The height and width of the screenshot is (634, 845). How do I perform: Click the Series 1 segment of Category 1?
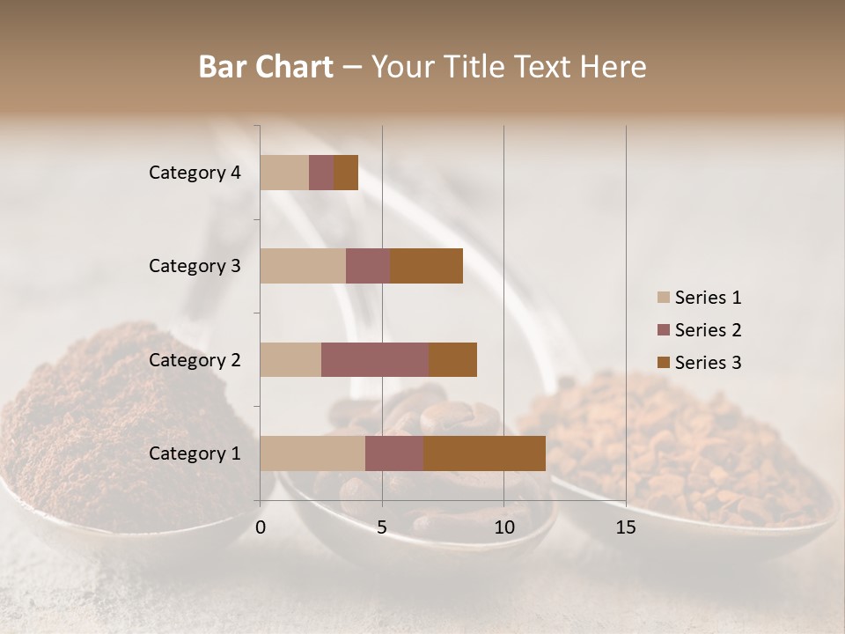(312, 453)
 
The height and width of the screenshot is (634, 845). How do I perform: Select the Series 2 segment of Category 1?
(394, 453)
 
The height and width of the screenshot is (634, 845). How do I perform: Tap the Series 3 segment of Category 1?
(484, 453)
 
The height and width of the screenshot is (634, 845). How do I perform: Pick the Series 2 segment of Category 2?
(375, 359)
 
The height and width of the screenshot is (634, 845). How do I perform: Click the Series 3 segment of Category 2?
(452, 359)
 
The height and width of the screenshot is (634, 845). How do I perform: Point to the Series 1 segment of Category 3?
(303, 266)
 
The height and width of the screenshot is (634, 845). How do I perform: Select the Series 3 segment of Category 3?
(426, 266)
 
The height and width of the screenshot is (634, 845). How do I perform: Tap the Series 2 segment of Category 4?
(321, 173)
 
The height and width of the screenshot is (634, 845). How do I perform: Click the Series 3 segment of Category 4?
(346, 173)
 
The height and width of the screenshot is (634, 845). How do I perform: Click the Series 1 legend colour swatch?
(664, 298)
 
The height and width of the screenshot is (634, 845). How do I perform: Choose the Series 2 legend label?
(708, 330)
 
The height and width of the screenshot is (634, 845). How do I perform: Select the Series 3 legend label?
(708, 363)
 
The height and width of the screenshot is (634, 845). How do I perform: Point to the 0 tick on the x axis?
(261, 527)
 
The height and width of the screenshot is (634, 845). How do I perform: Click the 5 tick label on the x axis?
(382, 527)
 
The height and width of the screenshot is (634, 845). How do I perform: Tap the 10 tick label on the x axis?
(503, 527)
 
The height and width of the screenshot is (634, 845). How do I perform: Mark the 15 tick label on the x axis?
(626, 527)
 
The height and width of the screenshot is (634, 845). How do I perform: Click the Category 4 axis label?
(195, 173)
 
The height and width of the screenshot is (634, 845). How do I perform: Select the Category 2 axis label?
(195, 359)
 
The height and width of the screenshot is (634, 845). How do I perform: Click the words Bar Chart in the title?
(266, 67)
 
